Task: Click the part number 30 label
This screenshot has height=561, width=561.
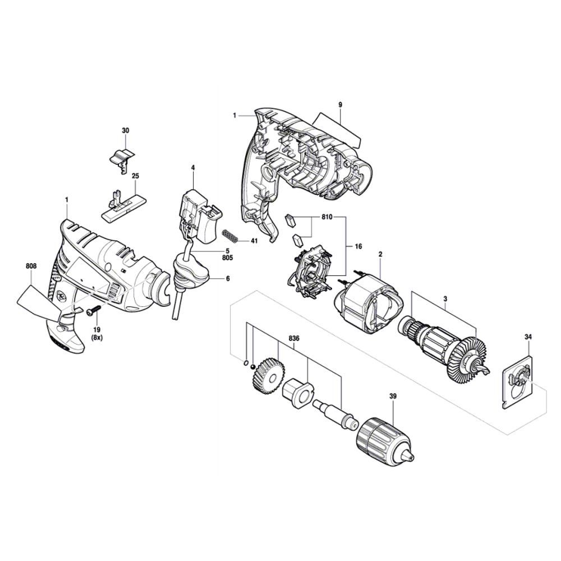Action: coord(125,131)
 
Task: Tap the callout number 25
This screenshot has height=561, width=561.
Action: coord(135,176)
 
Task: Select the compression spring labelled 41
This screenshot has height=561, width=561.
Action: coord(230,236)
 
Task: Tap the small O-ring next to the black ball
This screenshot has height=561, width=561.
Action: coord(246,363)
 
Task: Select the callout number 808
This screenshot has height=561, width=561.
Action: coord(31,266)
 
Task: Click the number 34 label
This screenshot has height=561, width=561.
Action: coord(528,337)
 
